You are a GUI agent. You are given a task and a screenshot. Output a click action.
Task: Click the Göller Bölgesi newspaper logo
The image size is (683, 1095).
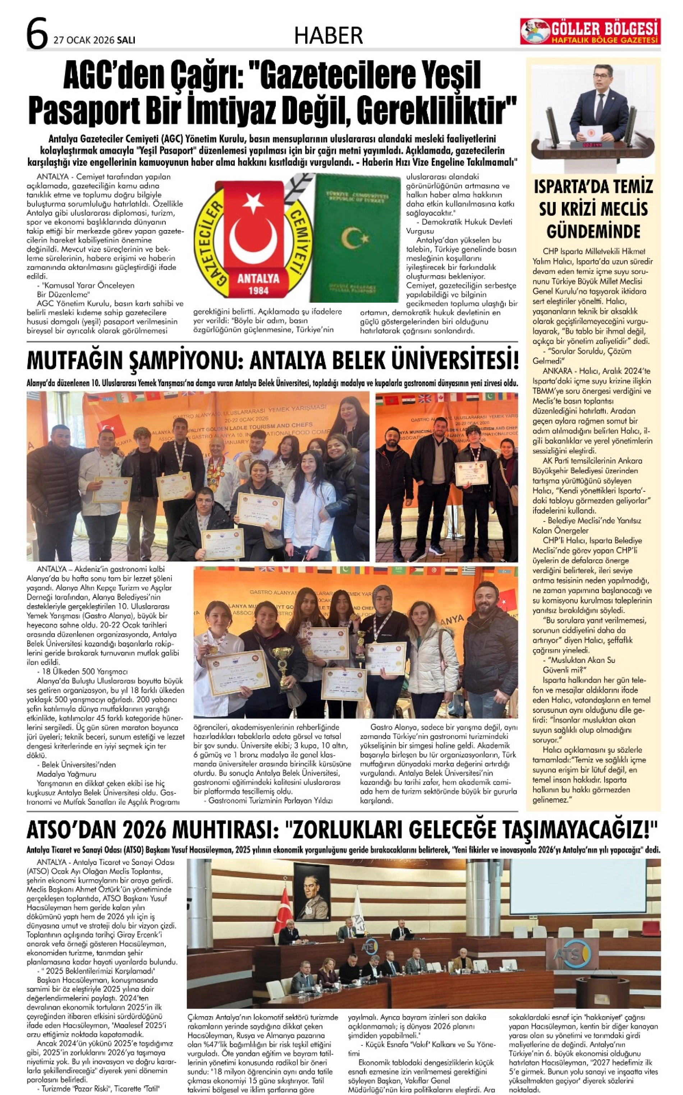coord(590,31)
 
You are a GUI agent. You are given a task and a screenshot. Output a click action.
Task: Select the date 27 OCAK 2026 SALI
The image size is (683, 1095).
coord(94,40)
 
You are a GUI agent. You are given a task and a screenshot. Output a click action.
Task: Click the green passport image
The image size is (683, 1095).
coord(357,237)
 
